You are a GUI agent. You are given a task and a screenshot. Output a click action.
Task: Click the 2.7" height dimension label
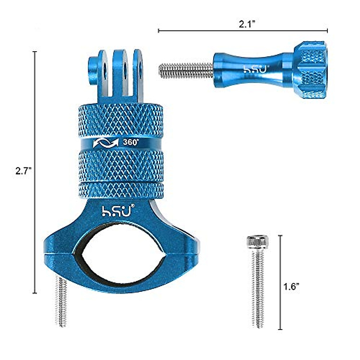click(x=23, y=171)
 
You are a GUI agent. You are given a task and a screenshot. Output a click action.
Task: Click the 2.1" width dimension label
click(x=247, y=25)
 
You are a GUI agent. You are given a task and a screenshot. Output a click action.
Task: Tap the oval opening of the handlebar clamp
click(x=121, y=256)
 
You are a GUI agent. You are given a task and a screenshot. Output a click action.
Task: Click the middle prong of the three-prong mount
click(x=123, y=72)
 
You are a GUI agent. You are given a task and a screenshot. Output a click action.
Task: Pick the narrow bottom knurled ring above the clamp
click(x=121, y=190)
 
